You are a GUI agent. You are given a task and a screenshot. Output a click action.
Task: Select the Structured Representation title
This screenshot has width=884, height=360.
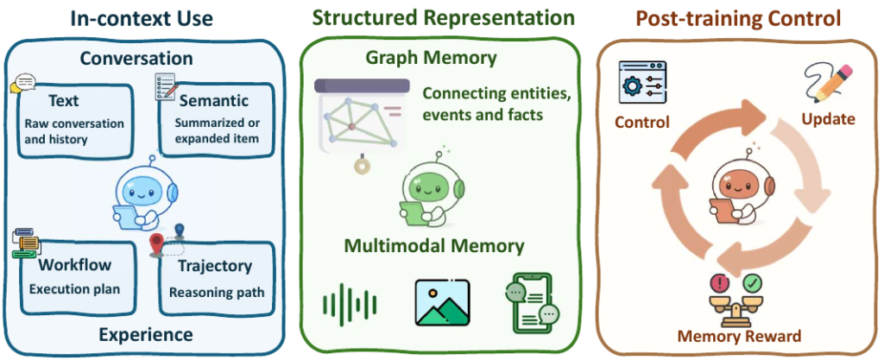[x=443, y=17]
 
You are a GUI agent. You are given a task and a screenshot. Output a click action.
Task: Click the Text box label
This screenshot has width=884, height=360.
[x=65, y=101]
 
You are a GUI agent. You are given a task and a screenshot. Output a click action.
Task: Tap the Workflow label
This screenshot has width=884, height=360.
[x=74, y=266]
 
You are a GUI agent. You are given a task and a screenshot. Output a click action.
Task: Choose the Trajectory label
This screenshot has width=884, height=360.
[x=215, y=266]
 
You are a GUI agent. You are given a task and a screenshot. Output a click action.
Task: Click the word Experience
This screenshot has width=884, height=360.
[x=146, y=333]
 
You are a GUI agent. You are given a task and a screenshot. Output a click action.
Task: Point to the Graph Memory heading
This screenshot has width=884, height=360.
[x=443, y=59]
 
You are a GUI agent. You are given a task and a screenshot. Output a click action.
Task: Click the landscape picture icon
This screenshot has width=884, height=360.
[x=441, y=302]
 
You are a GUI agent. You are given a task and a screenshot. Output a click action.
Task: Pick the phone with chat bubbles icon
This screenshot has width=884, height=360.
[x=530, y=303]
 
